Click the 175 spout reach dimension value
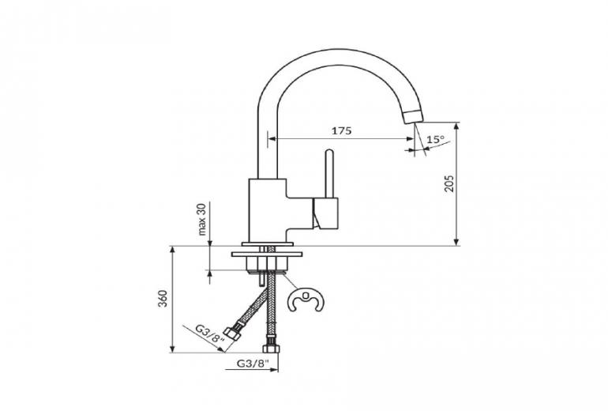pyautogui.click(x=342, y=130)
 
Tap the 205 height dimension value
pyautogui.click(x=449, y=183)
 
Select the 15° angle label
pyautogui.click(x=435, y=139)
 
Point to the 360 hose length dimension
pyautogui.click(x=163, y=299)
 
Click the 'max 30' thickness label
pyautogui.click(x=202, y=220)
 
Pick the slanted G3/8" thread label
pyautogui.click(x=210, y=333)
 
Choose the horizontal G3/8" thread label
pyautogui.click(x=253, y=364)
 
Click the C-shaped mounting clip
pyautogui.click(x=306, y=300)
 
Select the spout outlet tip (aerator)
pyautogui.click(x=414, y=116)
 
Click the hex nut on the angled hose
pyautogui.click(x=233, y=334)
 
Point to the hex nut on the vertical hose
pyautogui.click(x=272, y=348)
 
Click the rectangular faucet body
pyautogui.click(x=268, y=210)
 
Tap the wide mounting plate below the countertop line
pyautogui.click(x=267, y=255)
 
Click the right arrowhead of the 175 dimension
pyautogui.click(x=410, y=138)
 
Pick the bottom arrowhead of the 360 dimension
pyautogui.click(x=172, y=349)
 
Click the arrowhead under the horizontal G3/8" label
pyautogui.click(x=274, y=370)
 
